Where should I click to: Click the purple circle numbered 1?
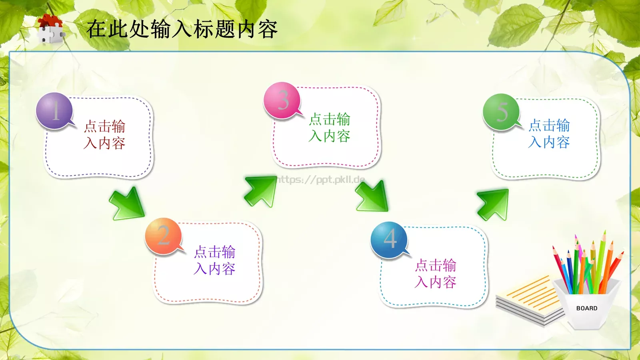54,111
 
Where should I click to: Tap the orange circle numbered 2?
163,236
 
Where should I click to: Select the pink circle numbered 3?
282,100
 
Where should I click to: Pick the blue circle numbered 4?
389,240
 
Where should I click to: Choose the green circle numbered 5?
501,112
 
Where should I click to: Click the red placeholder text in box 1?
105,135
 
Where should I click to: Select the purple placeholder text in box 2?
215,260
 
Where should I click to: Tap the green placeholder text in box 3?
330,128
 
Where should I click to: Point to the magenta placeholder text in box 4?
436,274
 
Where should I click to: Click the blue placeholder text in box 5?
549,134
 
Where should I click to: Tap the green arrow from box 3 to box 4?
372,196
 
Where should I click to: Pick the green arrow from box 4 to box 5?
493,204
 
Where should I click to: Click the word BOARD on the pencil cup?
587,308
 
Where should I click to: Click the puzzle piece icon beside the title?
50,30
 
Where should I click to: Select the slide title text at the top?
182,29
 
